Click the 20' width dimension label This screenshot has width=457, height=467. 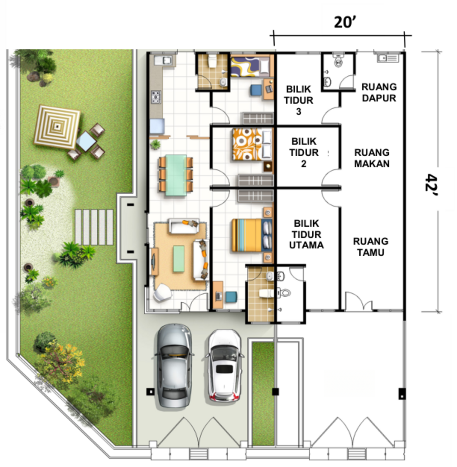345,22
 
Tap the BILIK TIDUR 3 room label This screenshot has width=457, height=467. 299,100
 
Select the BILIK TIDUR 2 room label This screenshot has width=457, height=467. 304,153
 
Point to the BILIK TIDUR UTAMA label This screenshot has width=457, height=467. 306,234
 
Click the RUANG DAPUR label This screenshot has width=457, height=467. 379,92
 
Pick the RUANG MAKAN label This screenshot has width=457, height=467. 372,158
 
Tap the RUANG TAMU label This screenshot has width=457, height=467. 371,247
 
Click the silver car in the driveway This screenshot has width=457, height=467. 174,366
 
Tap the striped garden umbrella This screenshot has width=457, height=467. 57,127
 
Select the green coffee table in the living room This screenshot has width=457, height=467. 179,259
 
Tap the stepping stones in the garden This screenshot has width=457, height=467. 94,227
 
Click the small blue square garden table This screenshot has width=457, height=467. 86,141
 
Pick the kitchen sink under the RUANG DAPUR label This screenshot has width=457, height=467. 387,58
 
